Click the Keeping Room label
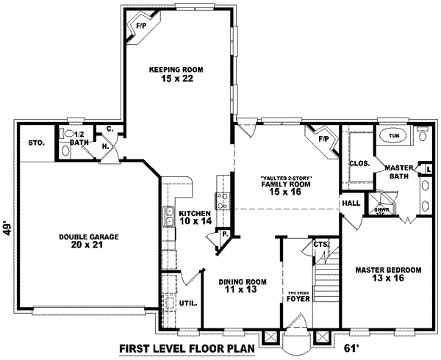coord(176,69)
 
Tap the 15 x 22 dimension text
coord(176,79)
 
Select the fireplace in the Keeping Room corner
coord(140,29)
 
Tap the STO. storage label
coord(37,143)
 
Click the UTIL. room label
coord(187,302)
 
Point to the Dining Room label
coord(242,281)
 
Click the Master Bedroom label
coord(387,270)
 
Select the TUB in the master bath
coord(393,136)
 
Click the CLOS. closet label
coord(359,163)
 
